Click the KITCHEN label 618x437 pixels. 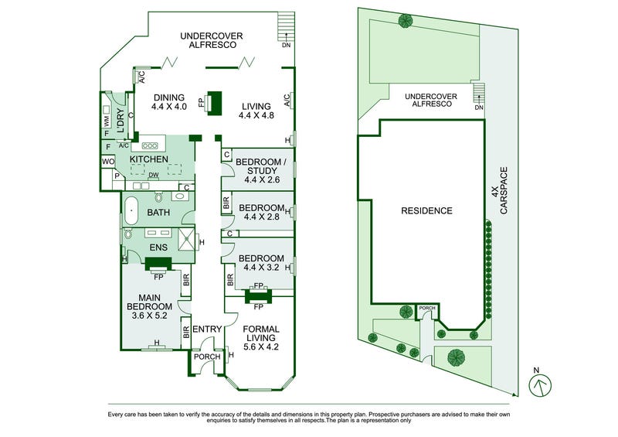tap(149, 159)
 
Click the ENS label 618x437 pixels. tap(158, 248)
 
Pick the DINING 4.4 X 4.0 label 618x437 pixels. tap(169, 102)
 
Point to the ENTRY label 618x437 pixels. tap(206, 329)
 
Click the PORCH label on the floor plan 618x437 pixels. tap(206, 357)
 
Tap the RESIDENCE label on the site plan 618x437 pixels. tap(426, 210)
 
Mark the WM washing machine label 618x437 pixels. tap(107, 121)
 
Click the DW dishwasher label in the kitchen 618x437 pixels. tap(154, 176)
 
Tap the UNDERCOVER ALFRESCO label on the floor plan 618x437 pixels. tap(212, 39)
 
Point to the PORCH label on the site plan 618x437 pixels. tap(427, 308)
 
